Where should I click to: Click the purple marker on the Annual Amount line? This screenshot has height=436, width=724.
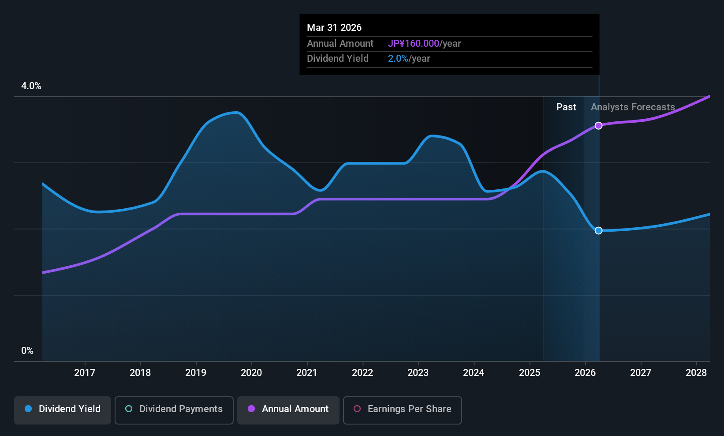point(599,125)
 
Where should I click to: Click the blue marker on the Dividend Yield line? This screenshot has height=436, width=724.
point(599,231)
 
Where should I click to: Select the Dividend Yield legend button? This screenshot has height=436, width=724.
point(62,410)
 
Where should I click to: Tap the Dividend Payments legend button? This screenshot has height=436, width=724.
point(174,410)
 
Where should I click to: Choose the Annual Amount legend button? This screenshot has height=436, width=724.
point(288,410)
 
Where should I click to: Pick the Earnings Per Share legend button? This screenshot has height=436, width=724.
point(403,410)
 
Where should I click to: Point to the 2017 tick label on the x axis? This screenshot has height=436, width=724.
point(85,372)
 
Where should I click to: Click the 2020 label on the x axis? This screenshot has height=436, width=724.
point(251,372)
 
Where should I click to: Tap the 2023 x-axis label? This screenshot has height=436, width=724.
point(418,372)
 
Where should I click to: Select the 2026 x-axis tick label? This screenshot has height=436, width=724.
point(585,372)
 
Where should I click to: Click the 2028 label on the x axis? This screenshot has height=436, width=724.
point(696,372)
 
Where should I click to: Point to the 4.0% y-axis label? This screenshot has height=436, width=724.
point(31,86)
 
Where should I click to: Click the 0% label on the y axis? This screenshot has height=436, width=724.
point(27,351)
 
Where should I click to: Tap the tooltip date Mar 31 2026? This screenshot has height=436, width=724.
point(334,27)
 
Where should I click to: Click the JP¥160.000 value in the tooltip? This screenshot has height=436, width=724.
point(414,43)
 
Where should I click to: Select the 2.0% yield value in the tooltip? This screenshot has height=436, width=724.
point(398,59)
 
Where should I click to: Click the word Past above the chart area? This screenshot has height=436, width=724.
point(566,107)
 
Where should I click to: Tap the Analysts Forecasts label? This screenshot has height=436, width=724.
point(633,107)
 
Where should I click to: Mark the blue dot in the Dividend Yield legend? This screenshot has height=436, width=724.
point(29,409)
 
